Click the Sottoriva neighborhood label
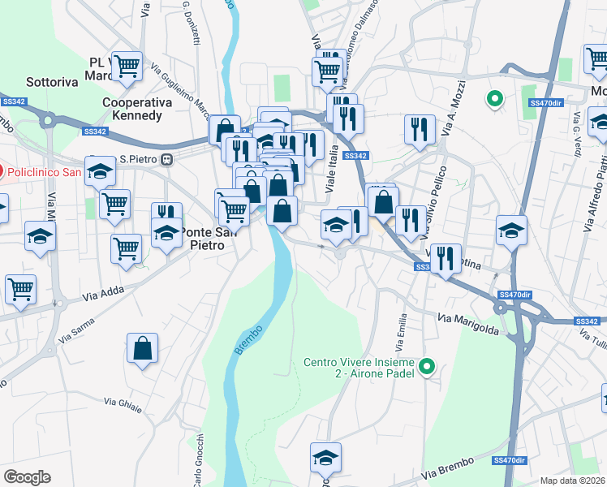click(x=52, y=81)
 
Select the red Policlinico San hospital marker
click(x=2, y=171)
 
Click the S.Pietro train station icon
click(x=167, y=159)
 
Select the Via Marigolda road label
click(x=468, y=323)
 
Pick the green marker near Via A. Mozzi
click(x=494, y=99)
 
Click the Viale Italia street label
click(x=331, y=174)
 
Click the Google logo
click(x=27, y=477)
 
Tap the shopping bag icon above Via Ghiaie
click(x=143, y=348)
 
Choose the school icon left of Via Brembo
click(x=325, y=459)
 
